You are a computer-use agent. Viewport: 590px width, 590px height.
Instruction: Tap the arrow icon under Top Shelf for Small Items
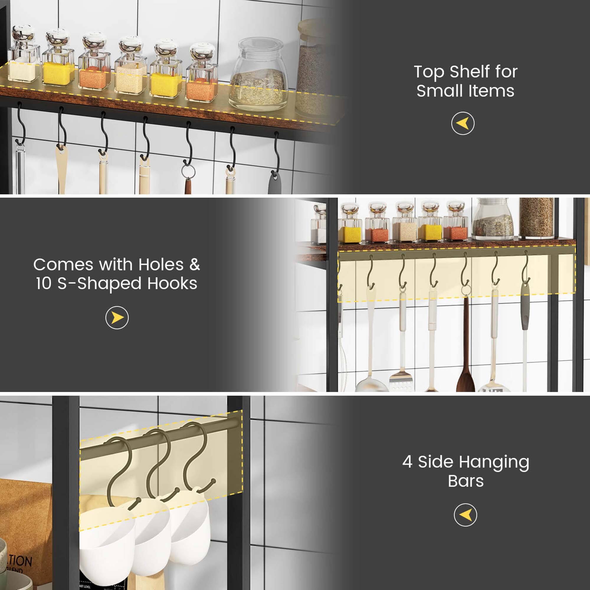(x=463, y=123)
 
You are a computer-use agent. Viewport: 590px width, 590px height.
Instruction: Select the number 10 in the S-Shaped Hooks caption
(x=43, y=283)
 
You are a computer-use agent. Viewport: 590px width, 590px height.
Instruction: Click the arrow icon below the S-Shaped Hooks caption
(x=117, y=318)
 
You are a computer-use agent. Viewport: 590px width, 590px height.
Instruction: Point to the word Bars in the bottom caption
(x=466, y=481)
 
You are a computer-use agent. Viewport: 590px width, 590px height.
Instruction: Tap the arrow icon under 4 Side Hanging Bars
(x=466, y=515)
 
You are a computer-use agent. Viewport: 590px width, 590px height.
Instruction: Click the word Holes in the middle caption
(x=161, y=264)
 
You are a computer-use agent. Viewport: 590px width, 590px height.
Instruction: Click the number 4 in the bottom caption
(x=407, y=462)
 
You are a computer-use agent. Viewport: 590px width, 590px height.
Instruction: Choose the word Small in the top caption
(x=440, y=91)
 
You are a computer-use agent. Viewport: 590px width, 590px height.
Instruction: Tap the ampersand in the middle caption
(x=194, y=264)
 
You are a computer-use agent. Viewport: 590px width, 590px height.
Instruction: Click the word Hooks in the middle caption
(x=172, y=283)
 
